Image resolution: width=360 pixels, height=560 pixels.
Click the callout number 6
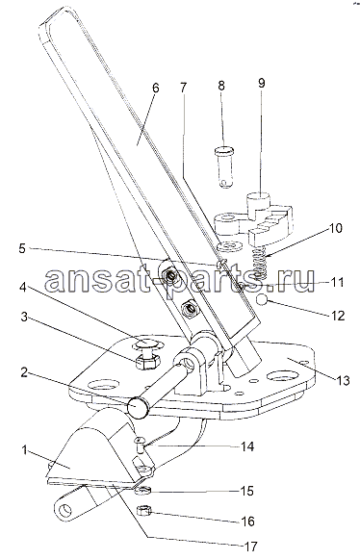click(x=155, y=89)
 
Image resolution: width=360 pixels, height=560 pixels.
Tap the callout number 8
click(x=221, y=86)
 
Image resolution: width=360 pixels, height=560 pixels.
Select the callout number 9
click(x=262, y=83)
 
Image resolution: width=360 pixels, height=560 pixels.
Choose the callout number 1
click(x=24, y=450)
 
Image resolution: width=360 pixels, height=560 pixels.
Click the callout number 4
click(x=22, y=288)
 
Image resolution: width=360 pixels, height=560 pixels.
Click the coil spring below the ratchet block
click(x=261, y=264)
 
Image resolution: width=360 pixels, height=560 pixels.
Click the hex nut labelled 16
click(x=144, y=511)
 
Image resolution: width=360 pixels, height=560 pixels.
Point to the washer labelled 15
click(x=142, y=490)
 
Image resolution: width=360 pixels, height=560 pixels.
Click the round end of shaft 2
click(x=139, y=407)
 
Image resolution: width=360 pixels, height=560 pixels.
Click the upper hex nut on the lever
click(x=167, y=276)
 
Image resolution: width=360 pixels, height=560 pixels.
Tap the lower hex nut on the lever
click(x=189, y=308)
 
